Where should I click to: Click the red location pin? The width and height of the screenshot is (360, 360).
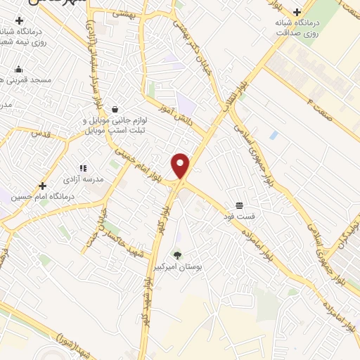coord(181,165)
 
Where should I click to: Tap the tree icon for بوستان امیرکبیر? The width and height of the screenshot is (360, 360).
coord(176,255)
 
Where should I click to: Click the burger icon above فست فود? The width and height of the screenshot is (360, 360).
coord(240,205)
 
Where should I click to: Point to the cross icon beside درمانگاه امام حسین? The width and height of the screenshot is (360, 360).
coord(43,186)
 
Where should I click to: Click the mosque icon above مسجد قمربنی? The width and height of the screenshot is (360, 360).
coord(18,69)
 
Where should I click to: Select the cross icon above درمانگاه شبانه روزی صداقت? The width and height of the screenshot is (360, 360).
coord(297,12)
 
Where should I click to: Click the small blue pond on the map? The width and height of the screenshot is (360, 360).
coord(273,134)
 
